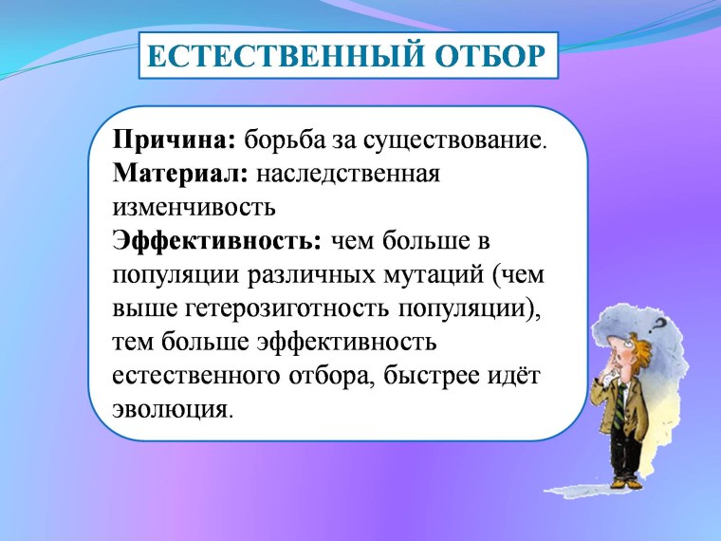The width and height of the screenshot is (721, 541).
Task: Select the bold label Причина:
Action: [174, 141]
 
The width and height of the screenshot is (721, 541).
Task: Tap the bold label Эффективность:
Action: [217, 240]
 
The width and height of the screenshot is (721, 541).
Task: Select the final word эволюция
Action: [170, 409]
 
